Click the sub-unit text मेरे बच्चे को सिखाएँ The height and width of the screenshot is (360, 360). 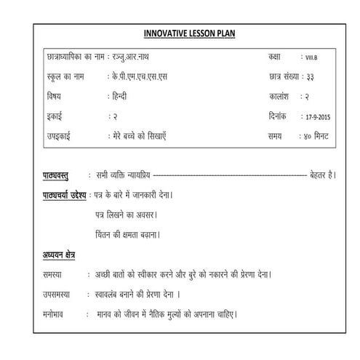[151, 135]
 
